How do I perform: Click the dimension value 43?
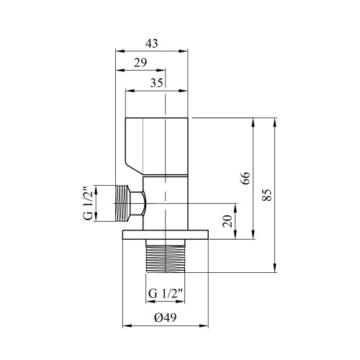click(x=152, y=43)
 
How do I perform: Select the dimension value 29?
click(x=140, y=63)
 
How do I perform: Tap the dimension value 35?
click(x=157, y=83)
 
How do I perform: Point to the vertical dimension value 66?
click(x=246, y=178)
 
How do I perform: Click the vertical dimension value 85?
click(x=267, y=195)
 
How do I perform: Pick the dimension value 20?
click(x=228, y=221)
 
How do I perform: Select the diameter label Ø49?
click(x=166, y=318)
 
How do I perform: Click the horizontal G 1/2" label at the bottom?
click(x=166, y=293)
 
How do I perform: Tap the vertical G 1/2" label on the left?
click(x=88, y=203)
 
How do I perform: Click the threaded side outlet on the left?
click(x=123, y=203)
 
